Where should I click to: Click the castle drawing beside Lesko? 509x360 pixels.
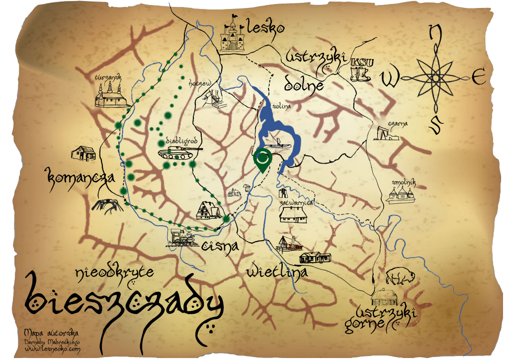[x=232, y=34]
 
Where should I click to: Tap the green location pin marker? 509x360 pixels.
[x=261, y=160]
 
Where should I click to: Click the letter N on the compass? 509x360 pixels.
[x=435, y=33]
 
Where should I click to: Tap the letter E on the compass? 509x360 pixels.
[x=478, y=78]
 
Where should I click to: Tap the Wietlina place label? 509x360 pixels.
[x=277, y=272]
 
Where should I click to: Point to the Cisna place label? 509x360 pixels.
[x=220, y=245]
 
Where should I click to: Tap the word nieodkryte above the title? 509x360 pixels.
[x=115, y=272]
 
